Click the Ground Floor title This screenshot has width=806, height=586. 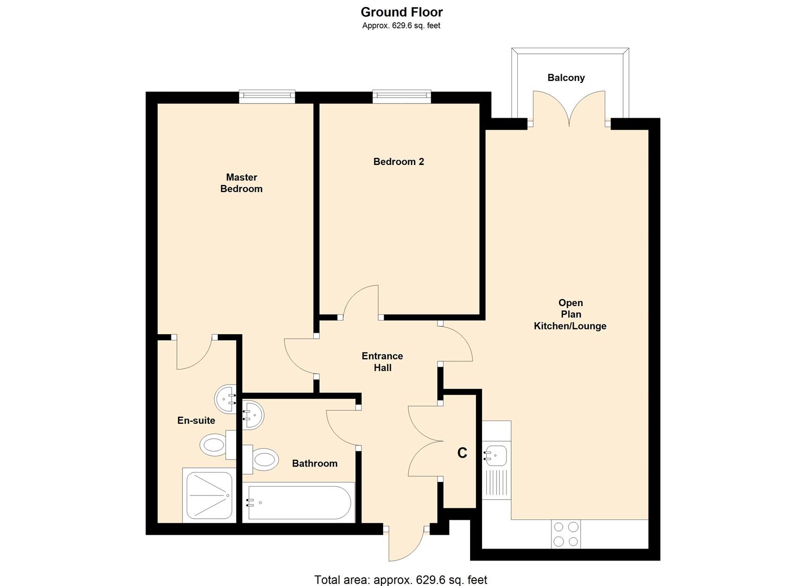(402, 12)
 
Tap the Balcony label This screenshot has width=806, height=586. (566, 78)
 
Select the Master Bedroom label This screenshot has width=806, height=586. (242, 183)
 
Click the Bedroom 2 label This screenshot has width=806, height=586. (398, 162)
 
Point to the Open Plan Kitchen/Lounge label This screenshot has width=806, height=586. (570, 314)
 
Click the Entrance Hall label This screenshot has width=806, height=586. (382, 362)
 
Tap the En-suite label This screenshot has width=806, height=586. (196, 421)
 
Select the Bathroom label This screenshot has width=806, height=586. (314, 463)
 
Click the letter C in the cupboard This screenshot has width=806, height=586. (462, 453)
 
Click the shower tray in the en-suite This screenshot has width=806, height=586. (208, 495)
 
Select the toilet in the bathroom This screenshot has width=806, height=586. (261, 460)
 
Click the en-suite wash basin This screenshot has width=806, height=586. (225, 399)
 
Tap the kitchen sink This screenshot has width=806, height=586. (496, 455)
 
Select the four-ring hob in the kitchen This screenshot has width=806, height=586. (566, 534)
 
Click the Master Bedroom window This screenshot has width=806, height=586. (268, 97)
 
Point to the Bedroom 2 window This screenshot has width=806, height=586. (402, 97)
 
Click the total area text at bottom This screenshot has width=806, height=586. (401, 579)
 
